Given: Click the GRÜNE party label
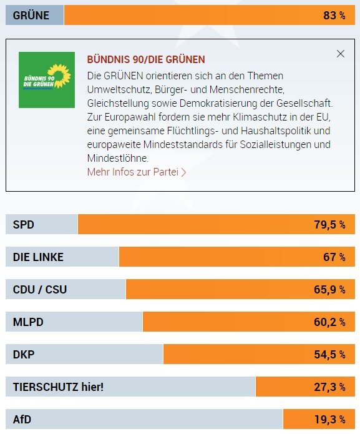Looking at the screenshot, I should coord(31,16).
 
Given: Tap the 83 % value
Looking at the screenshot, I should coord(334,16).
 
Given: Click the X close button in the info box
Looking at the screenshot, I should coord(340,54).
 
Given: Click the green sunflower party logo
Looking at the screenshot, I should coord(47,79).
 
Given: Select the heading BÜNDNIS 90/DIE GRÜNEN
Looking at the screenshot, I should coord(146,59).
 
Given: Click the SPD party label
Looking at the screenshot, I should coord(24,225).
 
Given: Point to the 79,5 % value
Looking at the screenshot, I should coord(329,225).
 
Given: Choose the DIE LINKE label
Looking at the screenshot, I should coord(38,257).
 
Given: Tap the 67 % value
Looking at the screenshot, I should coord(334,257).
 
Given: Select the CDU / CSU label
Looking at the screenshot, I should coord(40,290).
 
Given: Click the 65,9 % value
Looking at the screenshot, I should coord(329,290).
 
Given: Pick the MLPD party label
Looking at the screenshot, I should coord(28,322).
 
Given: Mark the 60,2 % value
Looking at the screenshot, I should coord(329,322).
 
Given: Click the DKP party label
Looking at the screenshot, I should coord(24,354).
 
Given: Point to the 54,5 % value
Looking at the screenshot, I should coord(329,354).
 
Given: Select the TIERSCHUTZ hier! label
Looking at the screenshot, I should coord(58,387).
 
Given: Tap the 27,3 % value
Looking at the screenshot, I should coord(329,387).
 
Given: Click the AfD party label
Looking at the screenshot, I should coord(22,419).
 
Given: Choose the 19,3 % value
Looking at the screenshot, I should coord(329,419).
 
